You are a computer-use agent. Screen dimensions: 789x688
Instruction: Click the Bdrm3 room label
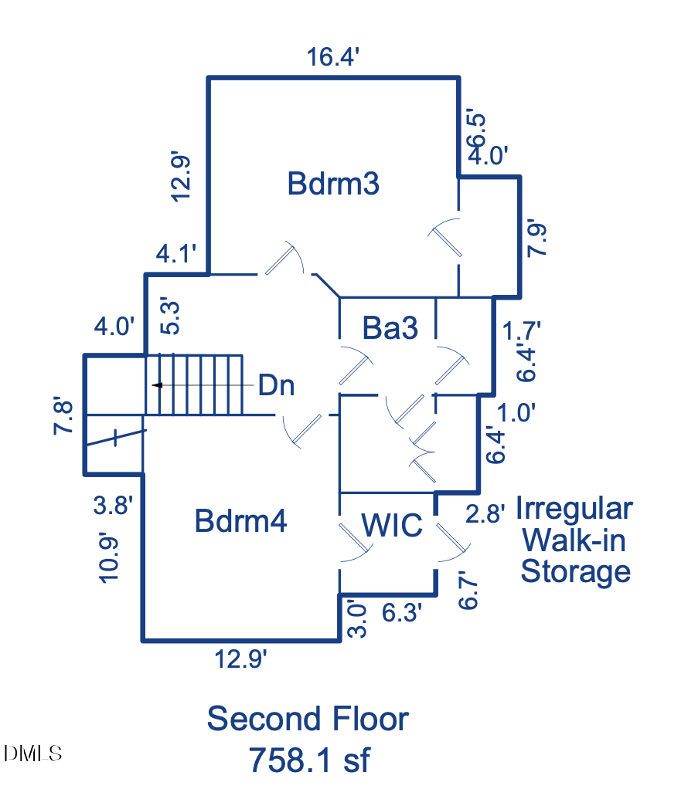333,185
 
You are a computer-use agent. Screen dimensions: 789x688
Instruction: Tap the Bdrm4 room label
240,521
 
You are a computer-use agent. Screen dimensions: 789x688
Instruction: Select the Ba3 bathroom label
390,329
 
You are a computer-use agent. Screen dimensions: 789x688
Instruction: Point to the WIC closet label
393,526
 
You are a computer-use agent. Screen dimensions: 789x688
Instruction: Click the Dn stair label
276,384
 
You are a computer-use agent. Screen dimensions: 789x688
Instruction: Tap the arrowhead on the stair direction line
157,384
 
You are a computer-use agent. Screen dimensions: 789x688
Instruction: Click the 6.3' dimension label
403,613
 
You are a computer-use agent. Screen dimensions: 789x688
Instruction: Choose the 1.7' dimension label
520,330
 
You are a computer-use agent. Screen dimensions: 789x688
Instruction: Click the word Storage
576,572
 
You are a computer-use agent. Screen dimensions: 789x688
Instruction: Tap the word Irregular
574,510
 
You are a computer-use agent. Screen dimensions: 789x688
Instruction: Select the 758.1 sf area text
308,760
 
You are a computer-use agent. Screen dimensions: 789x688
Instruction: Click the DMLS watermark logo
33,753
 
